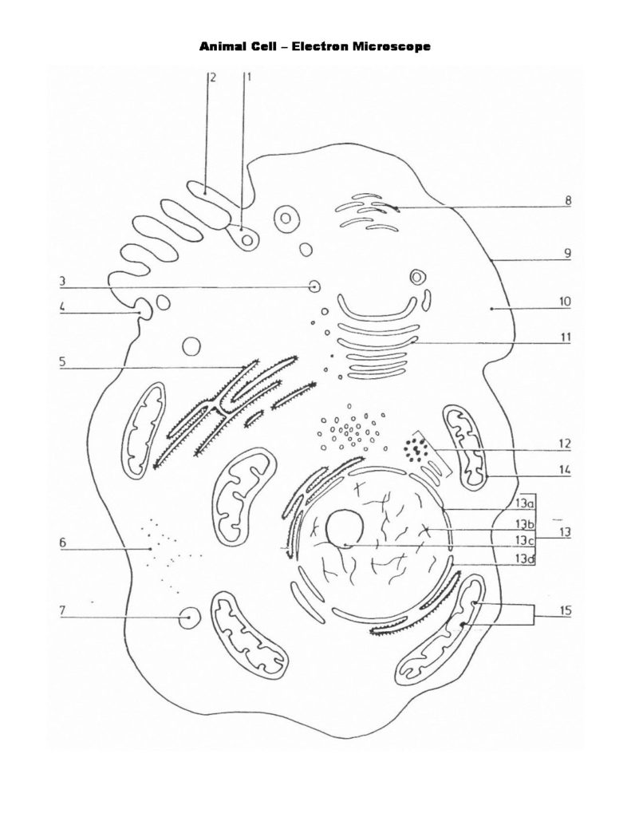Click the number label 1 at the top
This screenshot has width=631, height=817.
click(x=248, y=77)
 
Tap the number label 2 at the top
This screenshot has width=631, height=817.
click(x=213, y=77)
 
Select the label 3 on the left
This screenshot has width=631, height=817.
click(x=61, y=281)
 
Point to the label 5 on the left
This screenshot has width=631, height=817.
click(x=61, y=361)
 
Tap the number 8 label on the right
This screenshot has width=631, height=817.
click(x=567, y=201)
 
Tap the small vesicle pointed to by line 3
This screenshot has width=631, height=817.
click(x=316, y=286)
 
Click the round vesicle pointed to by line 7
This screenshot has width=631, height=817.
click(x=189, y=618)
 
